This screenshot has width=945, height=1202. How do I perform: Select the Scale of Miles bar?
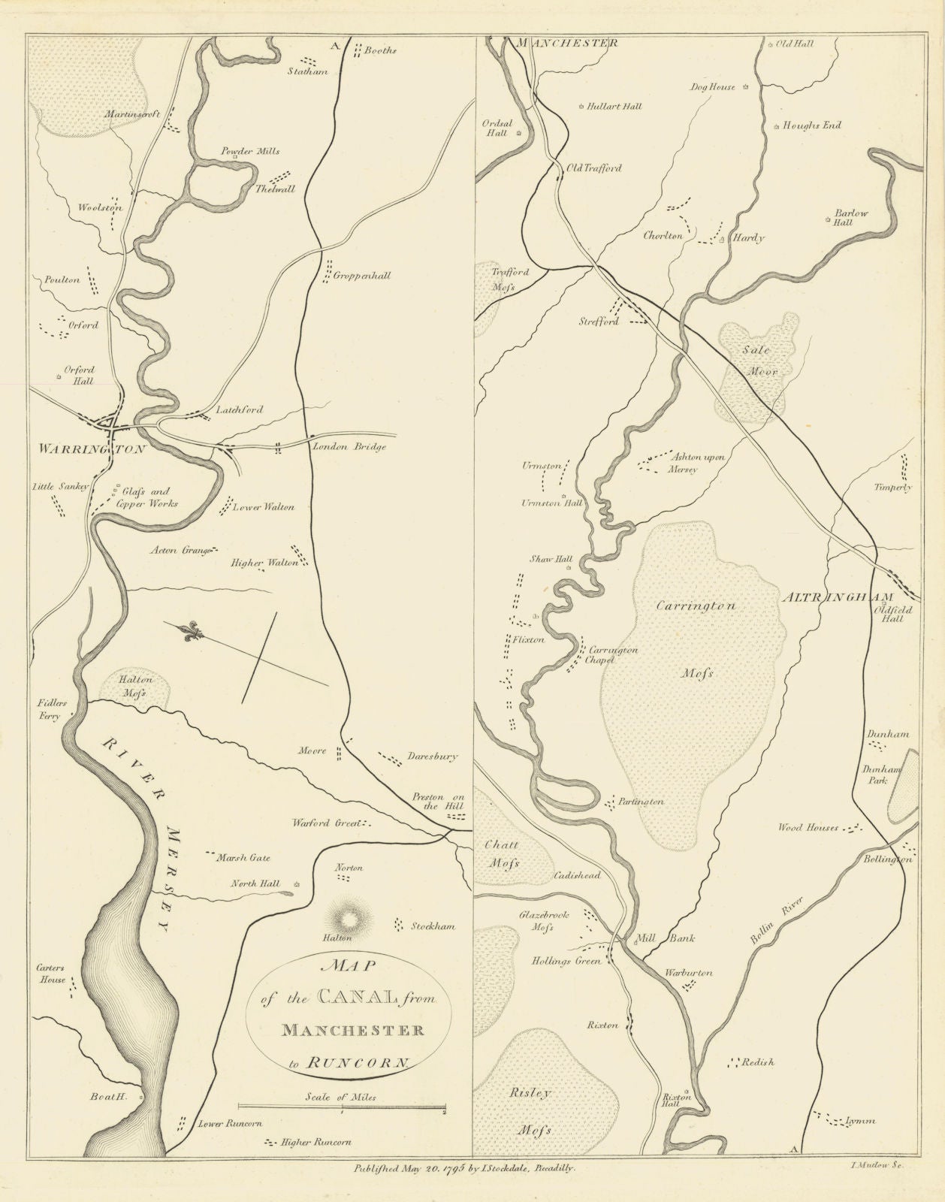(342, 1107)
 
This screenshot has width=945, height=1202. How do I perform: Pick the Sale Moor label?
(754, 361)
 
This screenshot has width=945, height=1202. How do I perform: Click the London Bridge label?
(349, 447)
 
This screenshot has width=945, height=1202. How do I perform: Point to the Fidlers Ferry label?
(50, 710)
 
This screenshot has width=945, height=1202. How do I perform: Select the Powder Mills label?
(249, 151)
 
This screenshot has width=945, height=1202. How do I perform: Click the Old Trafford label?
(593, 168)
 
